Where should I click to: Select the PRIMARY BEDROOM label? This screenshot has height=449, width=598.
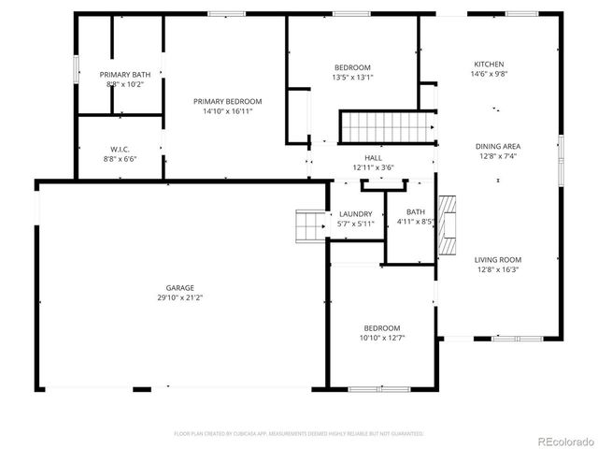[x=227, y=101]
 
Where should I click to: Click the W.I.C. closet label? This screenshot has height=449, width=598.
[x=120, y=149]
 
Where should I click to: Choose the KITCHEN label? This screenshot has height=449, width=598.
[x=489, y=65]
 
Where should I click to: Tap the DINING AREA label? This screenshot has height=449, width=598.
[x=497, y=146]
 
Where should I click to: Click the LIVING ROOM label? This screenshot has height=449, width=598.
[x=497, y=259]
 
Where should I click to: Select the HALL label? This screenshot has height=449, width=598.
[x=373, y=158]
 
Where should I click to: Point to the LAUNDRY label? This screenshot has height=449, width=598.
[x=355, y=214]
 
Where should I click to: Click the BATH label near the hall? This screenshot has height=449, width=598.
[x=416, y=212]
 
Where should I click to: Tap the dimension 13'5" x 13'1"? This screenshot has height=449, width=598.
[x=352, y=78]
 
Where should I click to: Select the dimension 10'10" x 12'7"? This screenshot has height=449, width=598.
[x=382, y=338]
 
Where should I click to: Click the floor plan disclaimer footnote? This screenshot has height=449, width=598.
[x=299, y=434]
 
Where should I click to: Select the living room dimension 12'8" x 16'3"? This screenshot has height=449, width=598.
[x=497, y=269]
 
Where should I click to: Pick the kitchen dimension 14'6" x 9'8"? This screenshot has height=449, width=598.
[x=489, y=75]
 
